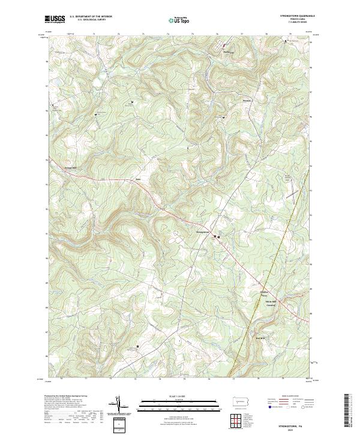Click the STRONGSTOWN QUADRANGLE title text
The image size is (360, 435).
[x=293, y=17]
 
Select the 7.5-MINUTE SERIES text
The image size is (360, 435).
[x=293, y=24]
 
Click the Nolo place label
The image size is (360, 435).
[x=137, y=179]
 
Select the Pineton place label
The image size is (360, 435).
[x=247, y=100]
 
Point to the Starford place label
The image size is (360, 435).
[x=227, y=52]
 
